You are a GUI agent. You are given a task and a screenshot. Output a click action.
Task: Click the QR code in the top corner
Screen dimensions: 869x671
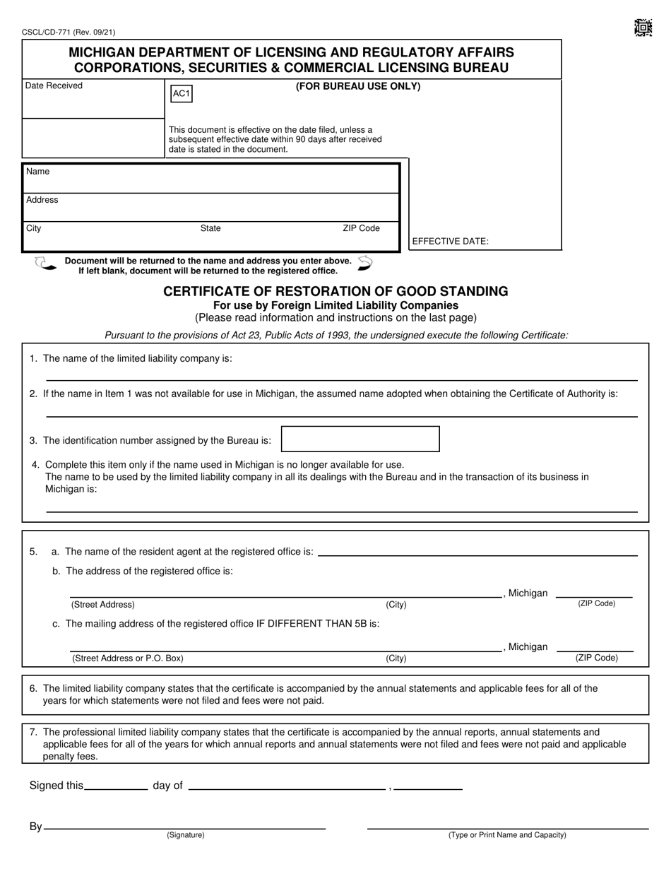point(642,28)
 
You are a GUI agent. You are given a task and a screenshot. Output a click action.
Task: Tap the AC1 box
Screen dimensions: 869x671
point(181,94)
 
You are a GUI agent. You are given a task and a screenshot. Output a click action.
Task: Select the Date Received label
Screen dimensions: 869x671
point(54,85)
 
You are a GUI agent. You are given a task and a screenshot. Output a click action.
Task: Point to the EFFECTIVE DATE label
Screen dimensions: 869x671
point(450,241)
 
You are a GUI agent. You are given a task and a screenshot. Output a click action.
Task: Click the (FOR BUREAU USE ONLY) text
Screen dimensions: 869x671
point(357,86)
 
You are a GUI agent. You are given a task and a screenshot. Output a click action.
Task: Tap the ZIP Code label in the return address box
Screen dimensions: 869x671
point(361,228)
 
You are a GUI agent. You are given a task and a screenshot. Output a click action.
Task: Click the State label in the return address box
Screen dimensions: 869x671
point(210,228)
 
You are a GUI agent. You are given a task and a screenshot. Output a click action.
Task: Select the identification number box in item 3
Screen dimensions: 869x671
point(360,439)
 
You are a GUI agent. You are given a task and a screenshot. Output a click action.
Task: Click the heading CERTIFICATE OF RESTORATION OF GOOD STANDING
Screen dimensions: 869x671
point(335,291)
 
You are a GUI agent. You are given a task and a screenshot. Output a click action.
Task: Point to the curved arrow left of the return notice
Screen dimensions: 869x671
point(44,264)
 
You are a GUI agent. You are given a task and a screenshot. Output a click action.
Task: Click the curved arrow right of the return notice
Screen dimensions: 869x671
point(364,263)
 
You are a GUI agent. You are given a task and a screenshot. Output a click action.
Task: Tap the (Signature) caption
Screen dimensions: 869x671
point(186,835)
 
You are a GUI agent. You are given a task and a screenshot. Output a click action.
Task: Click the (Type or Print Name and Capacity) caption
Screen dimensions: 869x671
point(507,835)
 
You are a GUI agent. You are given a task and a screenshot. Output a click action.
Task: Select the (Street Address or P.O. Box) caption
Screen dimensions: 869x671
point(128,658)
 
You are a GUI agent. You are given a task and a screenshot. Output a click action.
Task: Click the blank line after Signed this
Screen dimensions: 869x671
point(116,788)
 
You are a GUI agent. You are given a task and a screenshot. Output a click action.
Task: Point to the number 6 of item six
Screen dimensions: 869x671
point(33,688)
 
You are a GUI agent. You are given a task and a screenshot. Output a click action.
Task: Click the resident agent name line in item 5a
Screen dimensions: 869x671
point(477,555)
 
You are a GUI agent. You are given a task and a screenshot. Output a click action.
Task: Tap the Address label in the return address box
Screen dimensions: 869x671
point(42,200)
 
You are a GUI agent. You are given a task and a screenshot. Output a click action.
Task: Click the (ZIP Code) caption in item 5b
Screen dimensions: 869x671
point(596,603)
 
